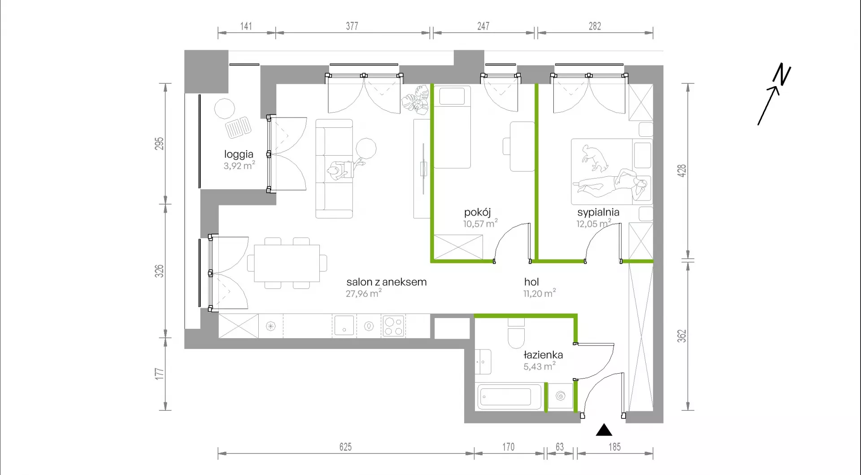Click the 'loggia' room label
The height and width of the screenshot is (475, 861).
coord(239,155)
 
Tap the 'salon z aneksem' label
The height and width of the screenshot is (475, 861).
coord(387,282)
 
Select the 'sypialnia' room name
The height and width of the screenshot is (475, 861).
coord(598,213)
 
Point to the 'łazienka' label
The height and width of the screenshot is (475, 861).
coord(543,355)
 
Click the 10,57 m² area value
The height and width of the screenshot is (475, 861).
coord(480,223)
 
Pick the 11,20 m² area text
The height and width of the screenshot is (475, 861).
coord(539,293)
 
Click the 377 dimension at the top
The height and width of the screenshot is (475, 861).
coord(352,26)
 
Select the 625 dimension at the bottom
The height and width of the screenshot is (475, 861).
coord(345,447)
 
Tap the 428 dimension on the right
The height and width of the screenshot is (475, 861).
coord(682,171)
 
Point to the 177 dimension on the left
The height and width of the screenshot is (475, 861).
coord(159,374)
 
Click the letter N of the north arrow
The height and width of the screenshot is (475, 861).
coord(782,74)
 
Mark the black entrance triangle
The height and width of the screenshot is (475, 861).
coord(604,430)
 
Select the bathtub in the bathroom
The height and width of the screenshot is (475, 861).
coord(509,397)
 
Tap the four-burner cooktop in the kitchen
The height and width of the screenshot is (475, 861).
coord(394,326)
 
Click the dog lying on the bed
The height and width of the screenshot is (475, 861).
coord(594,158)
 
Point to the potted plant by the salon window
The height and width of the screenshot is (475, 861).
coord(415,99)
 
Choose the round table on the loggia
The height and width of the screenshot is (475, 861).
coord(225,109)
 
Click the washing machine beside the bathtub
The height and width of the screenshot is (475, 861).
coord(561,396)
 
